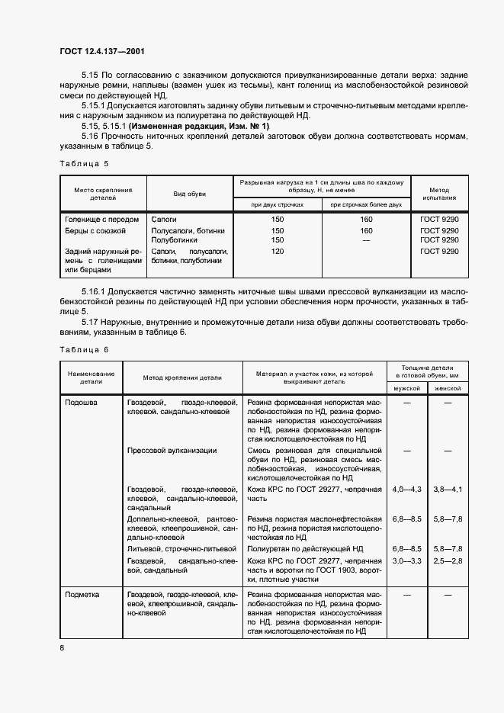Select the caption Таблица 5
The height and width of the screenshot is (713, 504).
click(x=84, y=163)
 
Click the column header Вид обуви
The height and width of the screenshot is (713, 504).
click(x=187, y=194)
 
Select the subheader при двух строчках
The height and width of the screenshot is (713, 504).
click(x=278, y=204)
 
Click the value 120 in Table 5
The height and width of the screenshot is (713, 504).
click(x=278, y=251)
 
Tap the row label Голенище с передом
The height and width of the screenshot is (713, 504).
click(x=102, y=219)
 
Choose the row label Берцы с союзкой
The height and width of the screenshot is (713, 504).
click(x=96, y=230)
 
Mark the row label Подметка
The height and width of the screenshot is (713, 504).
click(x=83, y=593)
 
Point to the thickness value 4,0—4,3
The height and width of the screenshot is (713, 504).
click(x=406, y=488)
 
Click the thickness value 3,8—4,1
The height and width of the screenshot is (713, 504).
click(x=448, y=488)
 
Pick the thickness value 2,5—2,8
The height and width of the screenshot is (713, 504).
click(x=448, y=561)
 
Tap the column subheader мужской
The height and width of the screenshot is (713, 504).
click(x=406, y=388)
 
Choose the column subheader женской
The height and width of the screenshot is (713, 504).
click(x=448, y=388)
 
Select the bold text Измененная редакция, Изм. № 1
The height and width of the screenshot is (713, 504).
click(x=198, y=125)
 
